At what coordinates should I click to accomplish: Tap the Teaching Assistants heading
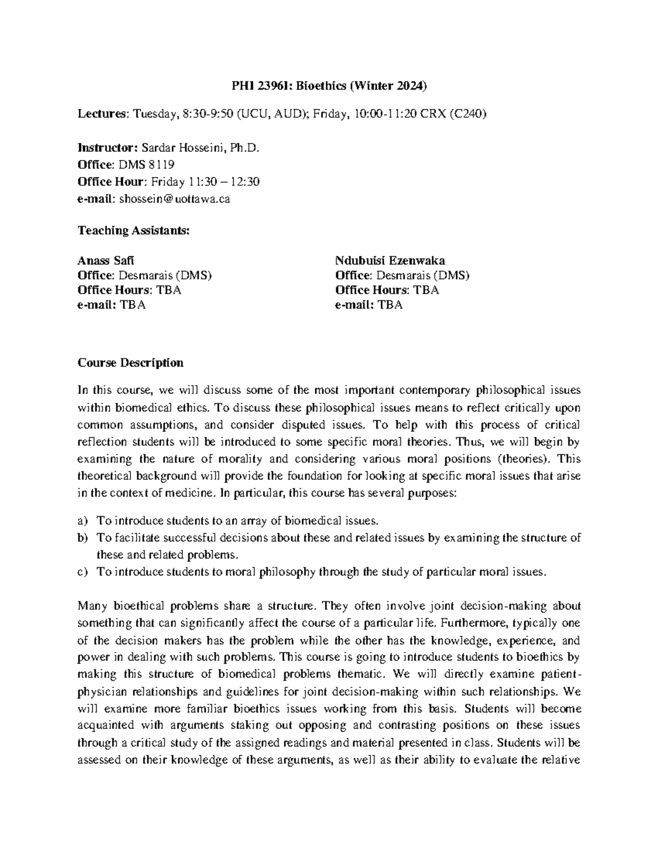(133, 230)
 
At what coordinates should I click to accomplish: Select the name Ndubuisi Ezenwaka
(390, 260)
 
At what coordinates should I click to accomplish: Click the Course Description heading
(131, 363)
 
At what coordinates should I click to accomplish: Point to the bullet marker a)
(83, 520)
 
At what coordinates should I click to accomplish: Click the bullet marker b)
(83, 538)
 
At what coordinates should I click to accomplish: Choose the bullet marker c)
(83, 572)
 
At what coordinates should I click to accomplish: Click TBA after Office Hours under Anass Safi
(171, 290)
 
